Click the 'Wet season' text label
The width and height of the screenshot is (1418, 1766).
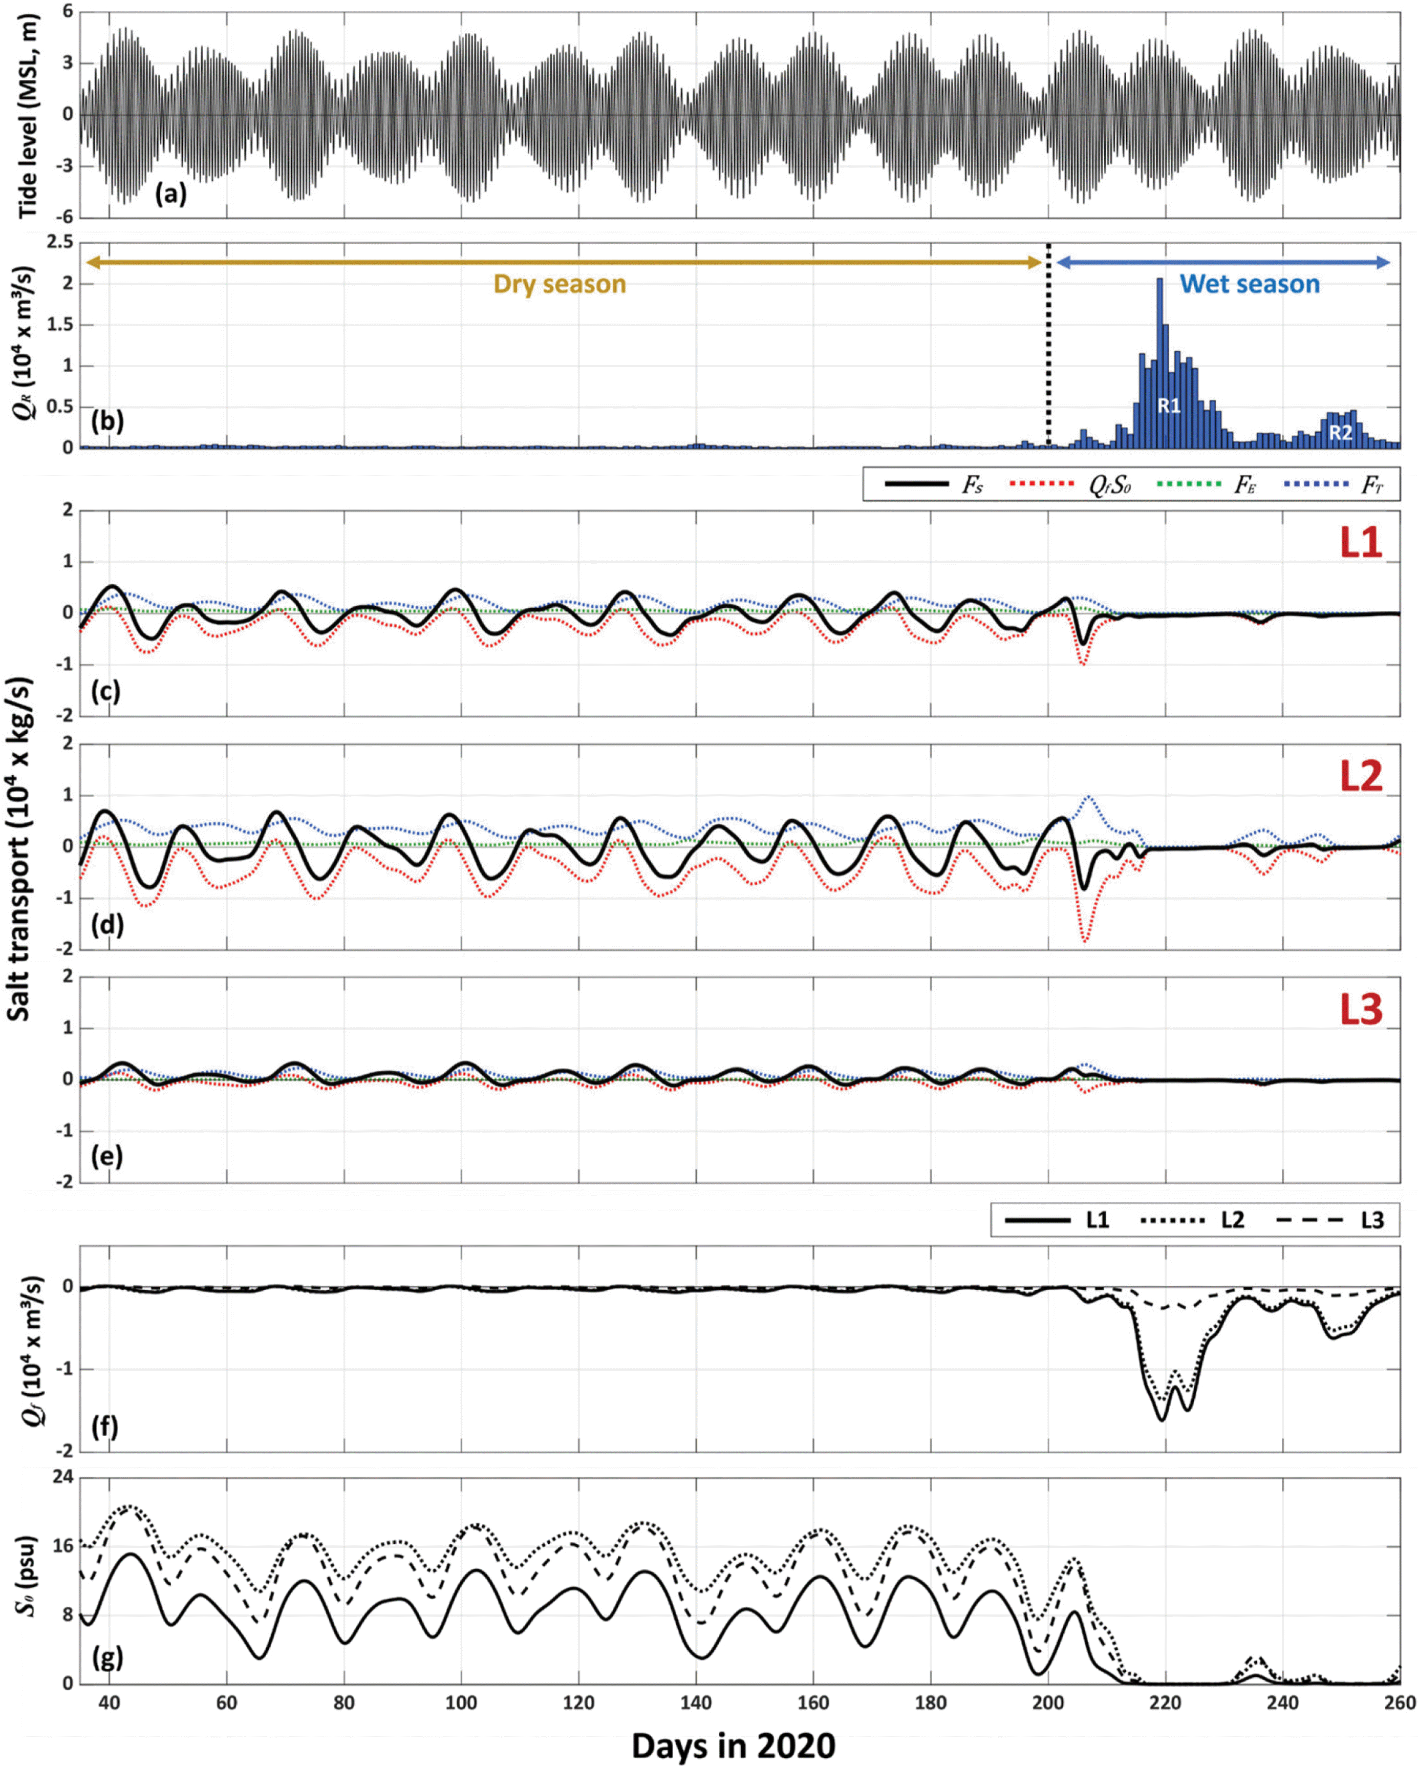1250,284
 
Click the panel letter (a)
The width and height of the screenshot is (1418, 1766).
171,194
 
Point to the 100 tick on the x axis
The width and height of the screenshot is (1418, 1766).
461,1702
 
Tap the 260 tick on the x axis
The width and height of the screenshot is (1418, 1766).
1399,1702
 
